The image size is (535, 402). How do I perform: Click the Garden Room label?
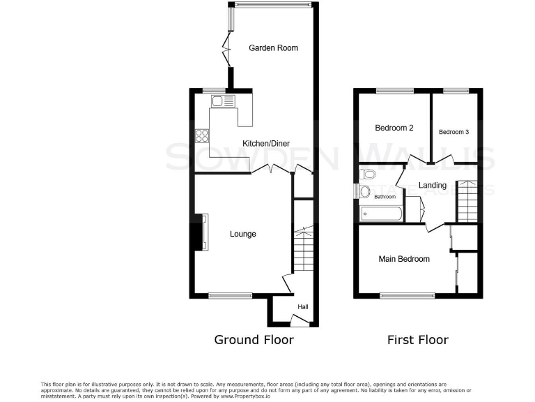(x=274, y=48)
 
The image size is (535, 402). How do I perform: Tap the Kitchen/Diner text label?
(x=265, y=144)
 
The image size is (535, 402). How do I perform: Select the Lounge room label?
(x=243, y=234)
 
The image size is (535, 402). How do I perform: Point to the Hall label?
(x=303, y=306)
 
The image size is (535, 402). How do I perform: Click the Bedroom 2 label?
(x=394, y=128)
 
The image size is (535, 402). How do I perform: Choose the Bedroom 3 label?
(x=453, y=131)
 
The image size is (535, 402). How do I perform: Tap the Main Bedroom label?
(x=404, y=259)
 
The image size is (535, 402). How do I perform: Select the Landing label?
(x=433, y=185)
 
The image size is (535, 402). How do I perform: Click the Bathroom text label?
(x=385, y=197)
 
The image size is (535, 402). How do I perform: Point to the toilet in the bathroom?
(x=367, y=174)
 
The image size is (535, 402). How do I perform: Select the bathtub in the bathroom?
(x=380, y=214)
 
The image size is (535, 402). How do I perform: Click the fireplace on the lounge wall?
(x=200, y=232)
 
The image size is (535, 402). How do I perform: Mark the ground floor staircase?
(x=304, y=251)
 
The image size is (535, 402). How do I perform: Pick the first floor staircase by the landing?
(x=467, y=200)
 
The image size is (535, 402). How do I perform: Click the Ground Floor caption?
(x=254, y=340)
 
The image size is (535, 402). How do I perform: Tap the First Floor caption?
(x=417, y=340)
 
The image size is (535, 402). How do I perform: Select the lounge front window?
(x=231, y=296)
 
